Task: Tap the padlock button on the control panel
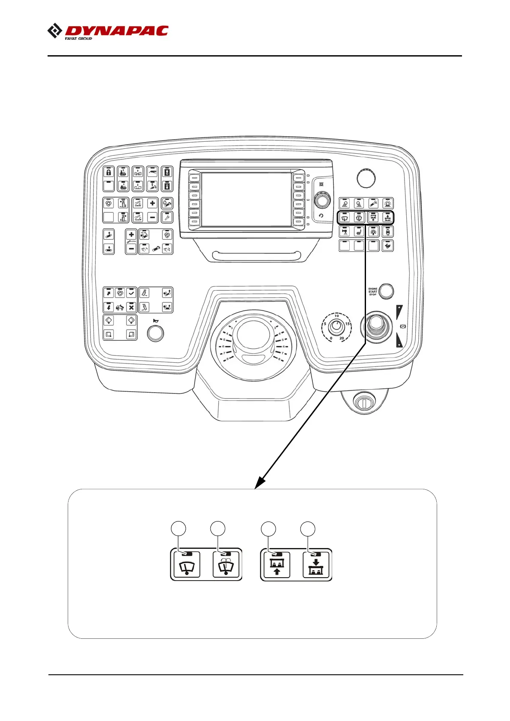click(x=109, y=173)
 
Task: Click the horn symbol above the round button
click(x=155, y=321)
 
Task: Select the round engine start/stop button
click(x=387, y=291)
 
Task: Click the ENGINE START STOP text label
click(x=372, y=292)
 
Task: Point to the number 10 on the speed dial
click(x=337, y=316)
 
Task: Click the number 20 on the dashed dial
click(x=342, y=338)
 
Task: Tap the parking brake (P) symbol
click(x=402, y=327)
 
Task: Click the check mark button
click(x=131, y=293)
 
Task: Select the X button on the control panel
click(x=131, y=307)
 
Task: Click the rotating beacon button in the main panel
click(x=387, y=204)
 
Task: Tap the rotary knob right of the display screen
click(x=322, y=200)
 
